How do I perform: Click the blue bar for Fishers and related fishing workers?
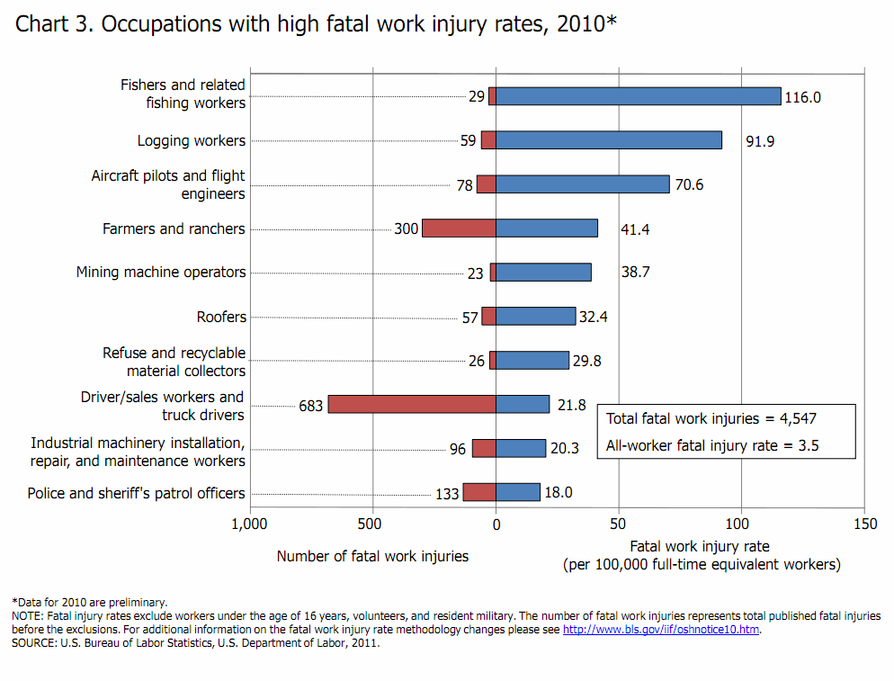638,96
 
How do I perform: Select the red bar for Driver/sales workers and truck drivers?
412,405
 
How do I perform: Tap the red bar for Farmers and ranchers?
459,228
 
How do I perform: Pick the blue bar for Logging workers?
609,140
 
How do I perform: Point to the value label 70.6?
689,185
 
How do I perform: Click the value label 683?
310,406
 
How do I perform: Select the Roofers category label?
221,317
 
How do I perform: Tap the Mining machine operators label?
161,273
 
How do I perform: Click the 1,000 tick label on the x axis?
249,524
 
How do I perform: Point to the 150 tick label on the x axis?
864,524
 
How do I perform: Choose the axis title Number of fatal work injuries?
372,556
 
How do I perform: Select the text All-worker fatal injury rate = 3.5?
712,445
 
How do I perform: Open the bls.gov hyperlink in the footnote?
661,630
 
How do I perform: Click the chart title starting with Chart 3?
316,24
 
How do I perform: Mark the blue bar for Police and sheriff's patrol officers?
518,492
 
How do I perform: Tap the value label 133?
447,494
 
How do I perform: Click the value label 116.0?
802,97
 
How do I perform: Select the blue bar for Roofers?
535,316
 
